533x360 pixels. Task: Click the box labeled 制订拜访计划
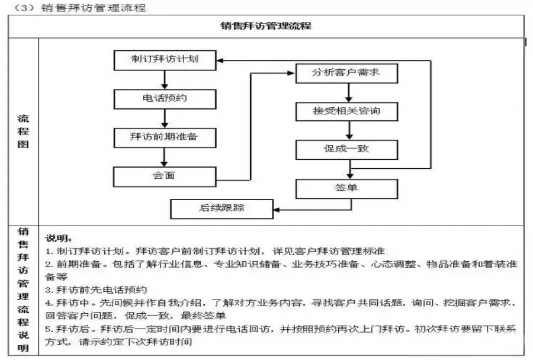165,60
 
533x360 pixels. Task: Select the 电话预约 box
165,98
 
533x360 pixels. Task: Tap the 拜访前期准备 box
165,137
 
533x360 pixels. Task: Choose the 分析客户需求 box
346,73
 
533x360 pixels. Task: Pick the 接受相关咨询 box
346,111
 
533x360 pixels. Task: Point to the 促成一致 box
346,149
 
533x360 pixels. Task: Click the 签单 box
346,189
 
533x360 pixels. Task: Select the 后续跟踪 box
222,208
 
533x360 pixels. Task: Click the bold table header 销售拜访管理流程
266,26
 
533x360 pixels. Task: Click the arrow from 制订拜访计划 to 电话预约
165,79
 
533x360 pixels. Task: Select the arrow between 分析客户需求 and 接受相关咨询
349,92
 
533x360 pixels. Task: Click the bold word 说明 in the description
59,238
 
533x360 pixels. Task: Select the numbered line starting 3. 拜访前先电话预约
96,290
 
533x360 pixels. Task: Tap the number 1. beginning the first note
49,251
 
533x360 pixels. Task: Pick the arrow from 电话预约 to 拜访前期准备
165,117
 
